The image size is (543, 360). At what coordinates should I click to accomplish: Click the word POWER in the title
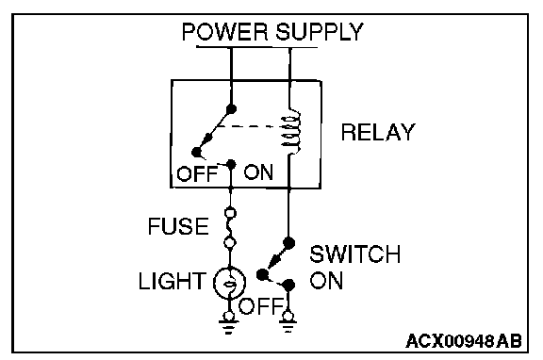225,32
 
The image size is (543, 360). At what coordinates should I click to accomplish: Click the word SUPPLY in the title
320,32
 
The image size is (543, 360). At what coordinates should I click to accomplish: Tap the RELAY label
378,132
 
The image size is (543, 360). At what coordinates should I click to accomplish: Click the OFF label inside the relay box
197,173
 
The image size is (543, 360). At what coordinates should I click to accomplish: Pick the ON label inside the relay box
258,172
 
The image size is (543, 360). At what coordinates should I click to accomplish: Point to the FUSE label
178,226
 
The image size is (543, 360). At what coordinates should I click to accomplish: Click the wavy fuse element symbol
229,227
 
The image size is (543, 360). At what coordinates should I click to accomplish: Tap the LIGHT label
173,281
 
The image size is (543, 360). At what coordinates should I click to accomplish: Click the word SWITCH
355,254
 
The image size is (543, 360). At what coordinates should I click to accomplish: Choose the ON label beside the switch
326,281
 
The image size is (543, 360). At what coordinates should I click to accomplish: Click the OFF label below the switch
260,306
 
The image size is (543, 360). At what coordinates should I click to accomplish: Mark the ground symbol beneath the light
229,324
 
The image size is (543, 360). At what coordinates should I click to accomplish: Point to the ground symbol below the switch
288,323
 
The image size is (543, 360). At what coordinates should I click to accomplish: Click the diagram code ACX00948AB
464,341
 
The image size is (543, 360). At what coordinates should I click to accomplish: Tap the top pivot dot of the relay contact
231,109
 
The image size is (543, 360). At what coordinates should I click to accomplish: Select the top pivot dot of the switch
288,243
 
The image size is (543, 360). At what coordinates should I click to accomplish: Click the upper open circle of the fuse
231,213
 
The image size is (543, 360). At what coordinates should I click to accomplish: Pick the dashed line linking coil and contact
249,126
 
